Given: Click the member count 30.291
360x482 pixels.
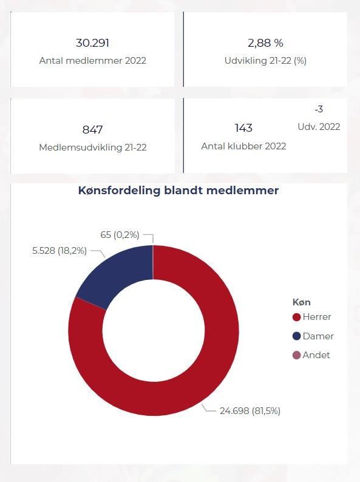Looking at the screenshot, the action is [x=92, y=43].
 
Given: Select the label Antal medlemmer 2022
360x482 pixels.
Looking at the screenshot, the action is [x=92, y=61].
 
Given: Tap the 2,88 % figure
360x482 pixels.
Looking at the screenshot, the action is [x=265, y=43].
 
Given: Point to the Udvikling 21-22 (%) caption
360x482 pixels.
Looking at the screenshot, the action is [x=265, y=61].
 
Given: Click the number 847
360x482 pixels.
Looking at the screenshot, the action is [x=92, y=130].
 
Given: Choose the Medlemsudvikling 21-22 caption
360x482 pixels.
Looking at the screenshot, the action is [x=92, y=148].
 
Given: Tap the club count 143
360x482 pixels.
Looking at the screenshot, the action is [x=243, y=128].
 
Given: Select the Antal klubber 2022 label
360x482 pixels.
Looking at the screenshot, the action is [x=243, y=146].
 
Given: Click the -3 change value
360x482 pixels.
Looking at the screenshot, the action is [x=319, y=109].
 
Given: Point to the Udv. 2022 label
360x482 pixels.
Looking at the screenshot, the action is [x=319, y=127].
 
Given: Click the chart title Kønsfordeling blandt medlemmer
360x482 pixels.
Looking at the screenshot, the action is [x=178, y=191].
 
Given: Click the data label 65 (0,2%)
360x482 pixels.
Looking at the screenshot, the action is [x=120, y=235].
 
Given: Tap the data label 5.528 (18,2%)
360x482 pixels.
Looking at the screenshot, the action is [x=59, y=251].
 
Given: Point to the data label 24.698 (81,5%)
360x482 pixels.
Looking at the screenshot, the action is [x=250, y=411].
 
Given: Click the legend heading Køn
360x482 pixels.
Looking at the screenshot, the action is [x=302, y=302].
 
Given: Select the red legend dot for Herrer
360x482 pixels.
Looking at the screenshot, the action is [x=296, y=317].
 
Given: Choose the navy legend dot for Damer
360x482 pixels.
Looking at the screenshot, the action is [x=296, y=336].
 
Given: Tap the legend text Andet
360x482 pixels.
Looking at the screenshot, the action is [x=316, y=355].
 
